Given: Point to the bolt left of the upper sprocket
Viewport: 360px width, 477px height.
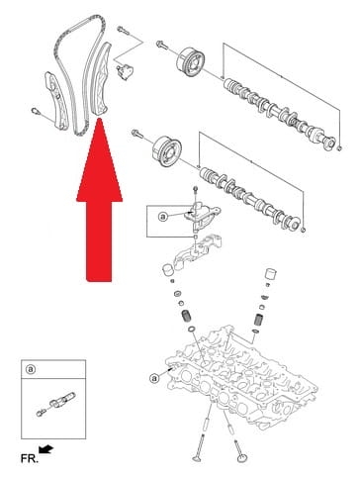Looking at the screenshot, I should pyautogui.click(x=162, y=45).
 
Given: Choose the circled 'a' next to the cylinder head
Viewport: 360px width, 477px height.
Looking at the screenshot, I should pyautogui.click(x=154, y=377).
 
